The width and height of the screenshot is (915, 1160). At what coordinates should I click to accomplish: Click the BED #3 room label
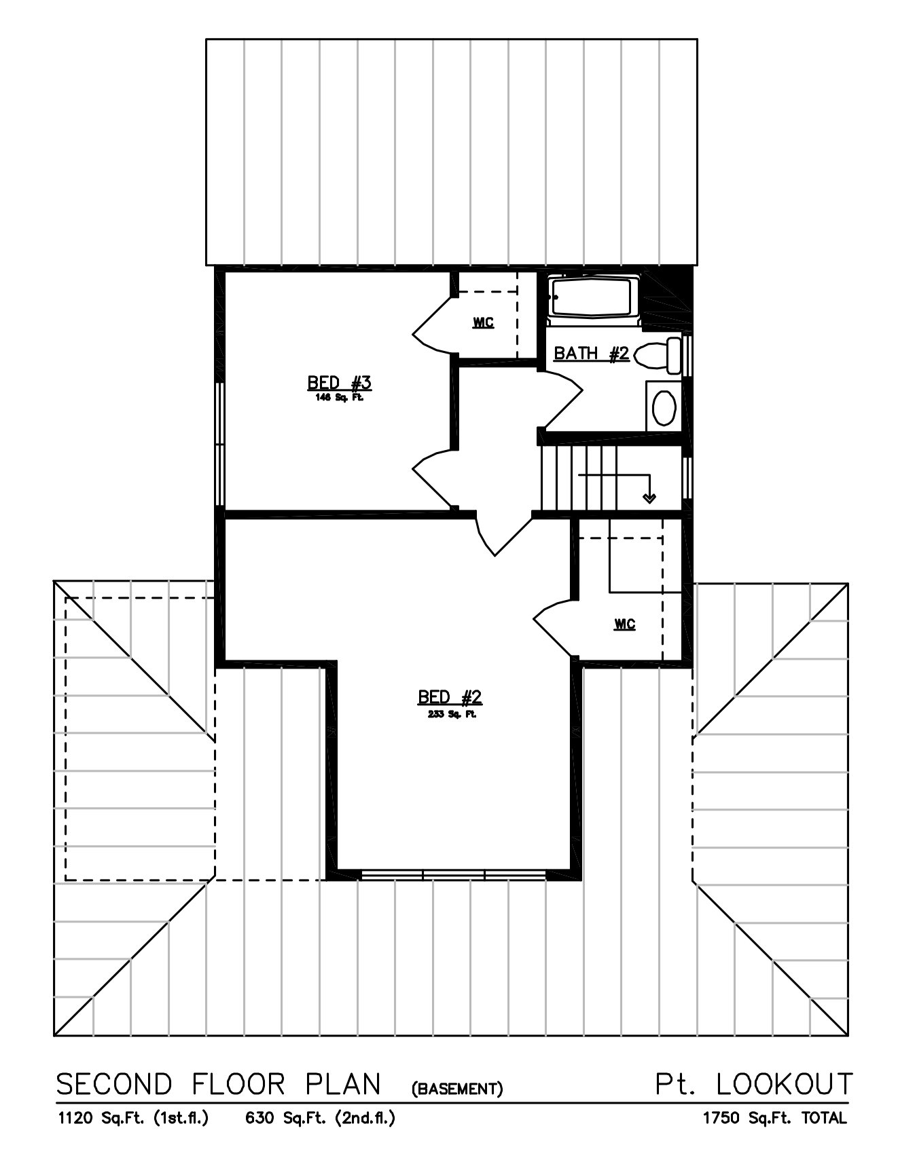click(x=339, y=383)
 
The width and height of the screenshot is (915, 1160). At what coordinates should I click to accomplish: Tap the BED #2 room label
click(x=450, y=697)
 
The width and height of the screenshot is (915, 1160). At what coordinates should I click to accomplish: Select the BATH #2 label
click(x=591, y=354)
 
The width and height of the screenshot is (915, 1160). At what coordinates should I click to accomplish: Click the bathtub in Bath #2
click(x=594, y=297)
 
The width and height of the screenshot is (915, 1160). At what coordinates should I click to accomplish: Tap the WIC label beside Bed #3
click(x=483, y=322)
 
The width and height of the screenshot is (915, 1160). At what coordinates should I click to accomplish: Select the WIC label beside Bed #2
click(x=624, y=624)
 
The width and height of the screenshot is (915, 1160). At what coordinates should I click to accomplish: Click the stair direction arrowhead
click(x=649, y=498)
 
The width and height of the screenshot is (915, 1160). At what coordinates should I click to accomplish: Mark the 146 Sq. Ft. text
click(x=339, y=398)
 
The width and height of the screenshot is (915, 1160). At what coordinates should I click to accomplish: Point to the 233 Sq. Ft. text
click(x=452, y=714)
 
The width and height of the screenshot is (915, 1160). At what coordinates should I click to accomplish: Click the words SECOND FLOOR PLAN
click(x=218, y=1085)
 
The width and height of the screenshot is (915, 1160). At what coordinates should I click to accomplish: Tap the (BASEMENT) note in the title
click(x=457, y=1089)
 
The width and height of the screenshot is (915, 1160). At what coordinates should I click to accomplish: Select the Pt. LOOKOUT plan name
click(x=753, y=1084)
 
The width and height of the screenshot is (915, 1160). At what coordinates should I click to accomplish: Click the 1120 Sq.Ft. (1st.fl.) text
click(x=133, y=1118)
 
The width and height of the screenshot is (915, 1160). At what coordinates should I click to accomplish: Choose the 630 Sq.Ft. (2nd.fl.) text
click(x=320, y=1118)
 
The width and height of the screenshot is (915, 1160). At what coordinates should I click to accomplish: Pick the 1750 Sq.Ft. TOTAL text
click(x=774, y=1118)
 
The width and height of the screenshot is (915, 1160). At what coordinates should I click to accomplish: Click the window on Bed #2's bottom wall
click(x=453, y=874)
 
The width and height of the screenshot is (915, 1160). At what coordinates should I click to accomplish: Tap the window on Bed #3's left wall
click(x=219, y=444)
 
